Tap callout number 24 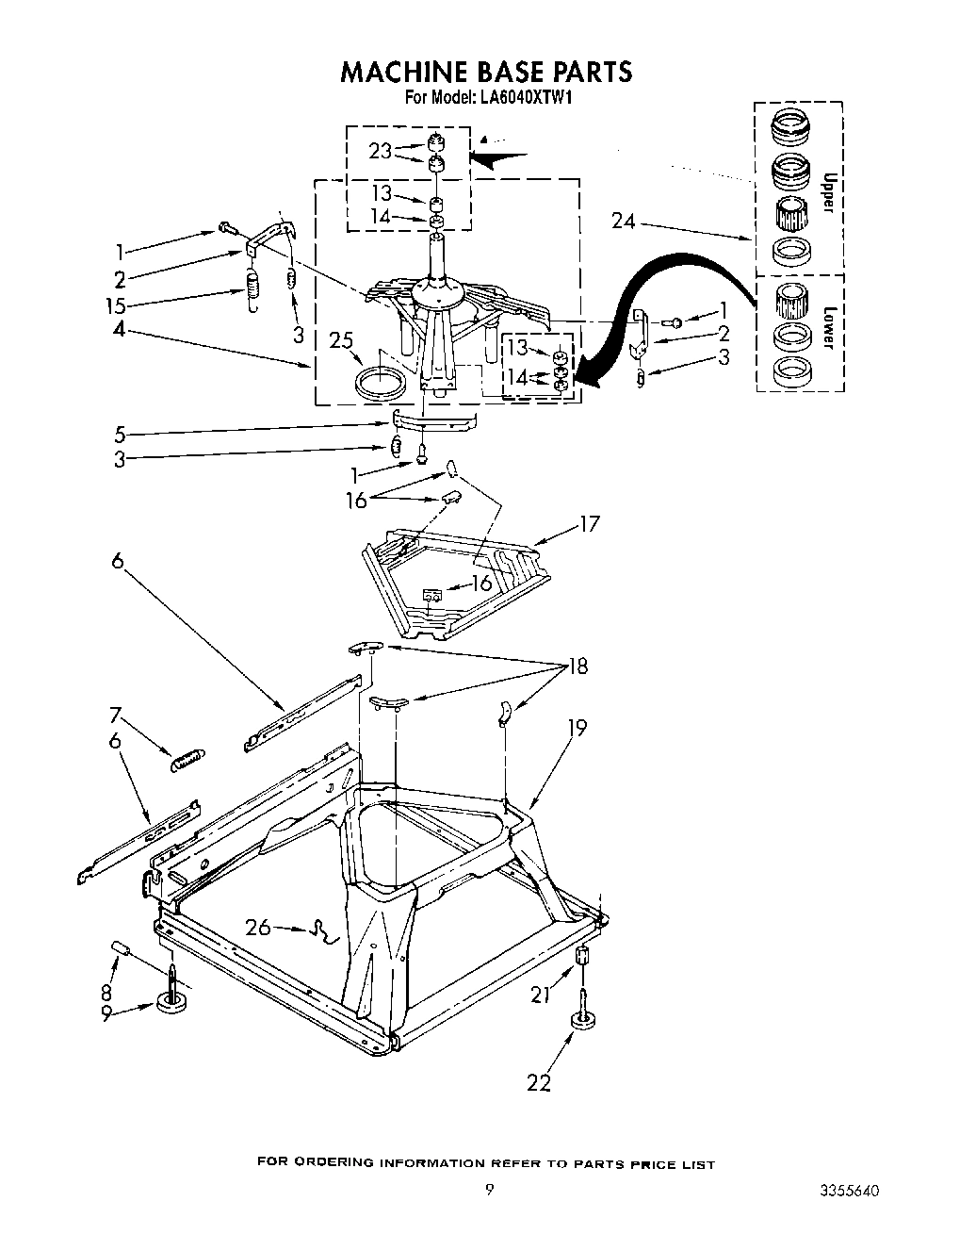[x=623, y=222]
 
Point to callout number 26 [x=258, y=928]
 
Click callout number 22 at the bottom [x=539, y=1083]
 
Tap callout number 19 [x=577, y=728]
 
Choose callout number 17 [x=591, y=524]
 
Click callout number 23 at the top [x=381, y=151]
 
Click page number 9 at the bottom [x=488, y=1191]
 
